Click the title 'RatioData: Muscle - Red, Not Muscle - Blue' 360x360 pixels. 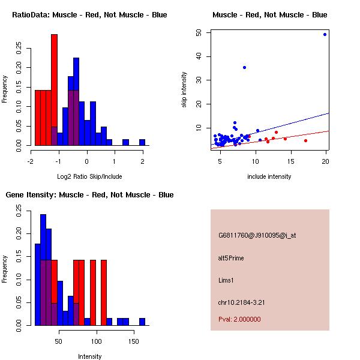point(89,14)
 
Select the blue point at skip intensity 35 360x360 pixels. point(244,67)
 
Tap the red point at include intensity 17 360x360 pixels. point(305,140)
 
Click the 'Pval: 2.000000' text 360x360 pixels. point(239,319)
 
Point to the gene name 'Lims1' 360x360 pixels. point(226,280)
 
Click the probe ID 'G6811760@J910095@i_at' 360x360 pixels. point(257,235)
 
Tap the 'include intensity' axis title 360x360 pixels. point(269,176)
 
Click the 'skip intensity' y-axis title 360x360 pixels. point(184,90)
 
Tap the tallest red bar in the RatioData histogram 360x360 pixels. point(54,90)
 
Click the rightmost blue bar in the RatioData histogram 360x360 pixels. point(142,142)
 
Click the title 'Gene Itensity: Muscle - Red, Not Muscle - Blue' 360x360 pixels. point(89,194)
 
